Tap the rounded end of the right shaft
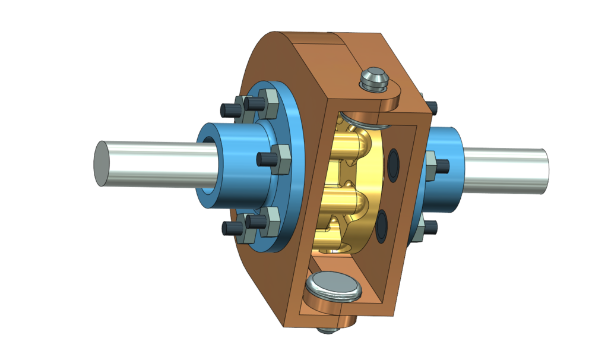coord(541,171)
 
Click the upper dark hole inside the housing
coord(392,163)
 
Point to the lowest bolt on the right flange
coord(431,228)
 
